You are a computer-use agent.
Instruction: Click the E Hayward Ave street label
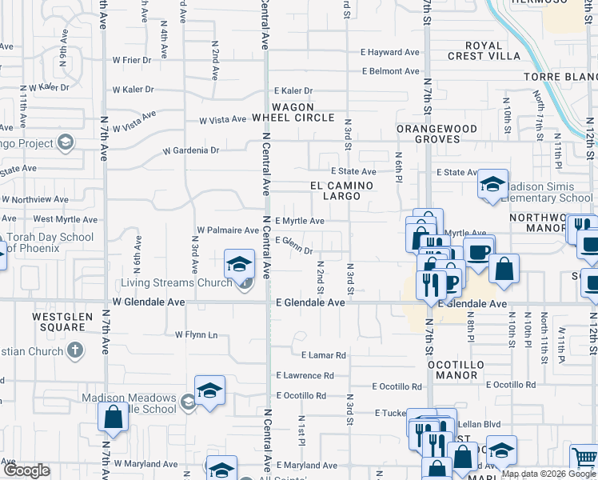pyautogui.click(x=390, y=52)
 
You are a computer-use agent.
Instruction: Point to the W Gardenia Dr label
pyautogui.click(x=191, y=150)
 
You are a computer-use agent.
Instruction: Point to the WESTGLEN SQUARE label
pyautogui.click(x=58, y=322)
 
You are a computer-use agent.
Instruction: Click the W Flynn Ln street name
pyautogui.click(x=195, y=334)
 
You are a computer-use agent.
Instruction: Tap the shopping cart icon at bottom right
pyautogui.click(x=584, y=458)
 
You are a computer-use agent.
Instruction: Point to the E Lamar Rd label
pyautogui.click(x=323, y=355)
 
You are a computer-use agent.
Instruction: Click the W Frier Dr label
pyautogui.click(x=132, y=60)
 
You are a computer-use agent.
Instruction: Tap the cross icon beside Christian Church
pyautogui.click(x=74, y=350)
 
